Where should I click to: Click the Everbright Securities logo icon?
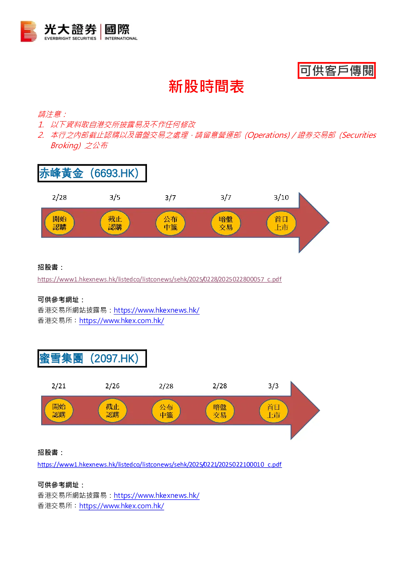pos(28,31)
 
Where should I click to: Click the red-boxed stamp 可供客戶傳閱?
pos(336,70)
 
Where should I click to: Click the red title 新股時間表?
pos(206,86)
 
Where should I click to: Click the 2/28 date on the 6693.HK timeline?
pos(60,197)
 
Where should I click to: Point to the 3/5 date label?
pos(115,197)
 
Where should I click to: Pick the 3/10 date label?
pos(281,197)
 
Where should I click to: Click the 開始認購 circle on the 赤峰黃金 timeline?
pos(60,223)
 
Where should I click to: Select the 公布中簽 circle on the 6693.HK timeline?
pos(170,223)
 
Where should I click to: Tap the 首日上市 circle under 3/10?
pos(281,223)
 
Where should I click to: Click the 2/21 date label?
pos(59,386)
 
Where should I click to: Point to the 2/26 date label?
pos(112,386)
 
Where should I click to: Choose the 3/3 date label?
pos(273,386)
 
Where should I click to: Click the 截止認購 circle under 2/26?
pos(112,410)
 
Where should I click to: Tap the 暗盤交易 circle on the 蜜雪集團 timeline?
pos(220,411)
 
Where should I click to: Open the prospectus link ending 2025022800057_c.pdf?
pos(159,279)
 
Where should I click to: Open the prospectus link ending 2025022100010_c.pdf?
pos(159,465)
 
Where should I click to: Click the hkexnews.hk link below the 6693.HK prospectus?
pos(157,310)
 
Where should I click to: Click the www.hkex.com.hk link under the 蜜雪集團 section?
pos(122,506)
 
